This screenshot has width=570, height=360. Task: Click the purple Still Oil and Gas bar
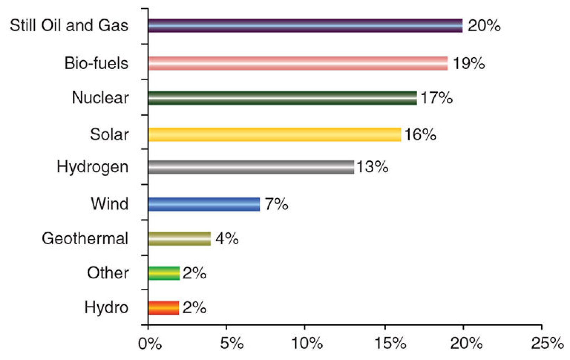(x=305, y=26)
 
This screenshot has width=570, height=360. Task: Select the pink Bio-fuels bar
(x=298, y=63)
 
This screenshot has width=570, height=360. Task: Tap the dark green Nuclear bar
(x=283, y=98)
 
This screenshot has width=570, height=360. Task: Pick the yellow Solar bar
(x=275, y=135)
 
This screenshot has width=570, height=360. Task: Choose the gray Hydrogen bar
(x=251, y=167)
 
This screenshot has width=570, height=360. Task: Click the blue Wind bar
(x=204, y=204)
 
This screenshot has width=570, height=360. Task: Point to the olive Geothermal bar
(x=180, y=238)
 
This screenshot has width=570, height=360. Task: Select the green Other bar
(x=164, y=273)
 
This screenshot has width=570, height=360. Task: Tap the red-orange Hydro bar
(x=164, y=308)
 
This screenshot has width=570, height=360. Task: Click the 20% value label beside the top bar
(x=484, y=26)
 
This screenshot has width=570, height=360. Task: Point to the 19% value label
(x=468, y=63)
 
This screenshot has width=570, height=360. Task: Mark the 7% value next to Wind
(x=276, y=204)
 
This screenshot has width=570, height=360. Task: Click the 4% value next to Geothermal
(x=227, y=238)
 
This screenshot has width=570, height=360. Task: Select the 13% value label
(x=372, y=167)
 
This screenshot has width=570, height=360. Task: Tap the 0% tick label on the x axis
(x=150, y=343)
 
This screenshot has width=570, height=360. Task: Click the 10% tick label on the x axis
(x=307, y=343)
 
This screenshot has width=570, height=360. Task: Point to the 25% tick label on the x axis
(x=547, y=343)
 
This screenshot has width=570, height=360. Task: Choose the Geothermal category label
(x=85, y=238)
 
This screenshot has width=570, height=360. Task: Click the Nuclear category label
(x=100, y=98)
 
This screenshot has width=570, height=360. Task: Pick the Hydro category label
(x=106, y=308)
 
